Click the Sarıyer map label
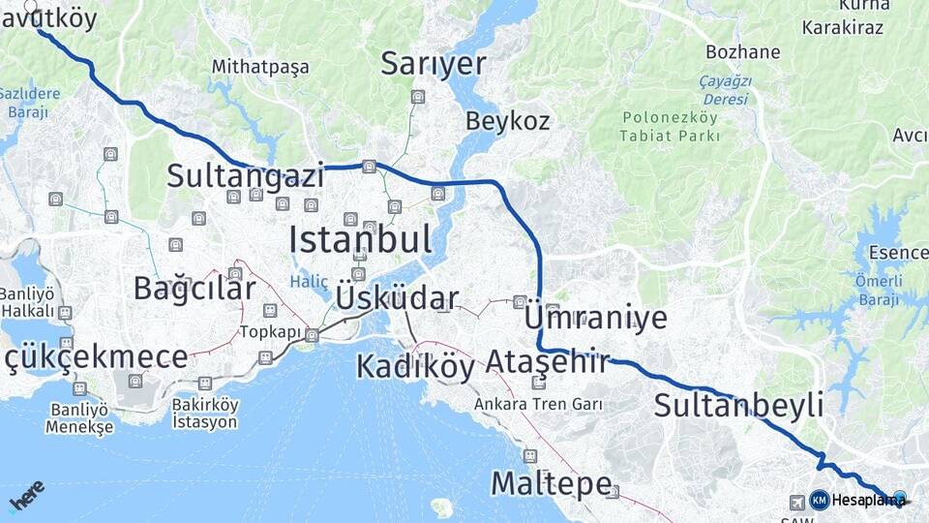point(433,64)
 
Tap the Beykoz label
point(507,121)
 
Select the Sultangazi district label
point(245,175)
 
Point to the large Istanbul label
point(360,239)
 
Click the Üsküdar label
point(397,297)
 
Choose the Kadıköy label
point(415,367)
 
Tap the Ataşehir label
point(547,362)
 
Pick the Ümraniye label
point(595,317)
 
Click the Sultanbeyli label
point(738,405)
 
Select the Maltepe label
point(551,482)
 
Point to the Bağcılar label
point(195,288)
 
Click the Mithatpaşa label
point(260,67)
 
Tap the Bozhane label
point(743,51)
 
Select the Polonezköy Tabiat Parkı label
point(671,127)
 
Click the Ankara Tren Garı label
point(539,404)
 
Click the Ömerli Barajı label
point(879,290)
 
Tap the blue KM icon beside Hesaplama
point(819,500)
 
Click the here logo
point(26,495)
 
